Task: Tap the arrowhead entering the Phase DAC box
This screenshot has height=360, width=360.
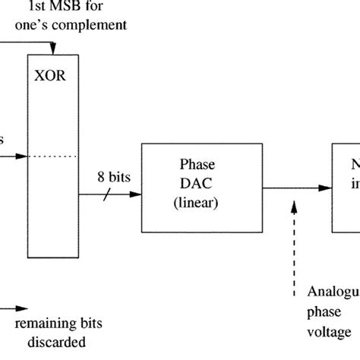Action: pyautogui.click(x=136, y=195)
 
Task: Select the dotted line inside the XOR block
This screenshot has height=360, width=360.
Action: pyautogui.click(x=52, y=157)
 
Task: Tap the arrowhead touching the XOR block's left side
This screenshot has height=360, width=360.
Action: pyautogui.click(x=24, y=157)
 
